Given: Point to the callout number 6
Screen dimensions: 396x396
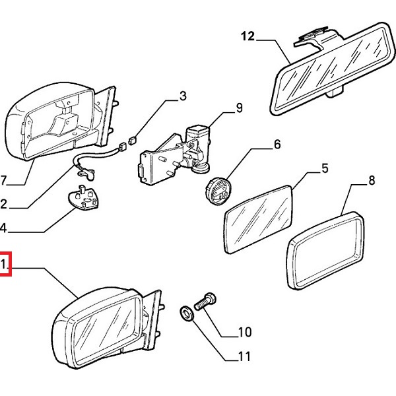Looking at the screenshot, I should [277, 143].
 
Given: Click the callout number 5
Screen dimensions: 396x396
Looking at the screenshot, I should [324, 168].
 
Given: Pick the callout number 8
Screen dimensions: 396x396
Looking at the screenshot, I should [371, 180].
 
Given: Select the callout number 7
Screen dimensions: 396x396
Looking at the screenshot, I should [3, 180].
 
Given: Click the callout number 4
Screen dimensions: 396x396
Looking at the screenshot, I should [3, 229].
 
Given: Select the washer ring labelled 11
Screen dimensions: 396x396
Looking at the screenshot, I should [188, 313].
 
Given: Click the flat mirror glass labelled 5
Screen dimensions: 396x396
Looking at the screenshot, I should [259, 218].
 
